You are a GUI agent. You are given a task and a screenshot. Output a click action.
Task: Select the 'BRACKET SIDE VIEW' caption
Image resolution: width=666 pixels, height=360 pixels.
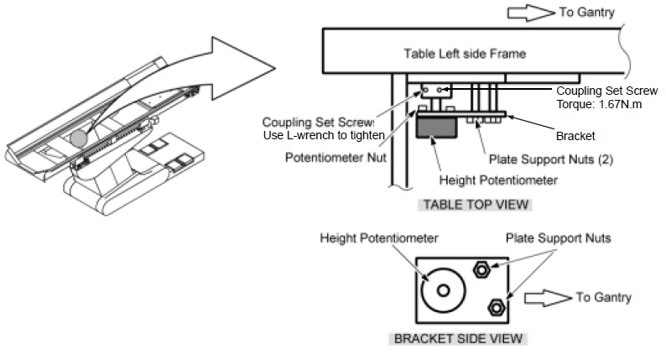[x=459, y=340]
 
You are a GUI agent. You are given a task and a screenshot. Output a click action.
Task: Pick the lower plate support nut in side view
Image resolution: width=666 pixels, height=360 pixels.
[x=496, y=307]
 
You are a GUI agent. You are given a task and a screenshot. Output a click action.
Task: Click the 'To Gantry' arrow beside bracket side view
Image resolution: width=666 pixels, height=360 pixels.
[x=546, y=297]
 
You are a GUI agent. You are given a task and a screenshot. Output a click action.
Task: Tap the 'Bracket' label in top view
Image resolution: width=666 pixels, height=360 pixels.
[x=575, y=134]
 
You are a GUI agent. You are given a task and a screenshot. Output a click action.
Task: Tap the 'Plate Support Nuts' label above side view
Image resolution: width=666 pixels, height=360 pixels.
[x=558, y=239]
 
